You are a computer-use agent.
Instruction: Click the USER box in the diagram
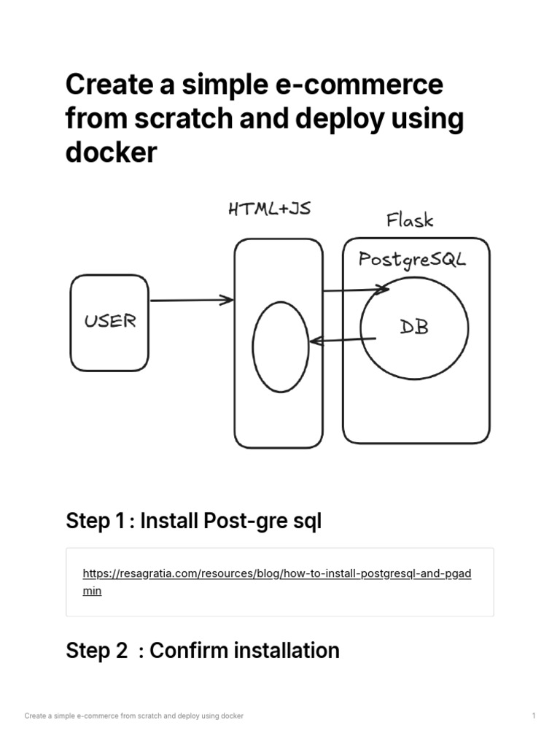tap(109, 322)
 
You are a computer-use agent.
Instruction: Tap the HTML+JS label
tap(269, 209)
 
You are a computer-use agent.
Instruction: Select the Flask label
tap(409, 220)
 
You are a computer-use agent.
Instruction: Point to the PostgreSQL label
tap(411, 259)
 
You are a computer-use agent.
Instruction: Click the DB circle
tap(414, 328)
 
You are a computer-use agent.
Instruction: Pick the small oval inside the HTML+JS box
tap(281, 347)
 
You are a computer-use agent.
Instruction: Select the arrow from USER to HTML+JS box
tap(191, 300)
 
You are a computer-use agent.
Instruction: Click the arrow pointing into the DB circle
tap(356, 290)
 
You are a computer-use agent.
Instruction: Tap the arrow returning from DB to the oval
tap(343, 340)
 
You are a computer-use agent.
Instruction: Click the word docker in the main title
tap(111, 152)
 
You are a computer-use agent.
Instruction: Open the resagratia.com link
tap(277, 573)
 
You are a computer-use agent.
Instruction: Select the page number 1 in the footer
tap(534, 716)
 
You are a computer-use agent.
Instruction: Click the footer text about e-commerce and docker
tap(133, 716)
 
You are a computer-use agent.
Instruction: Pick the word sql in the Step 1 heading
tap(306, 521)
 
